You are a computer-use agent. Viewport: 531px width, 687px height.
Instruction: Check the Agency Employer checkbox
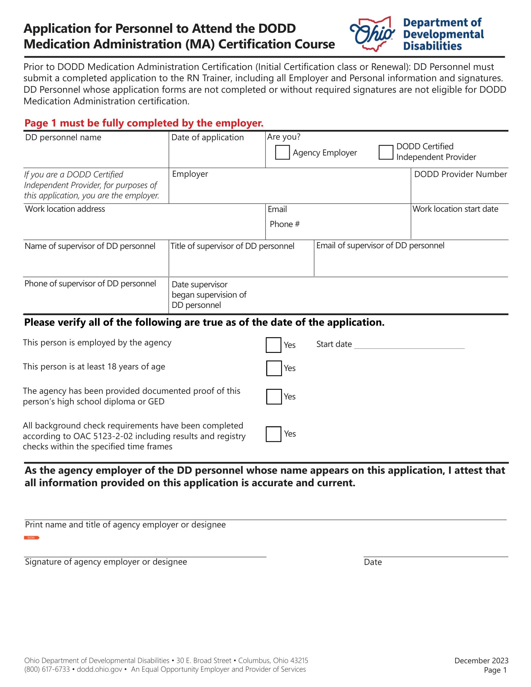282,152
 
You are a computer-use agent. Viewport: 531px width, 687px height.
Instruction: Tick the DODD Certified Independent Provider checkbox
386,152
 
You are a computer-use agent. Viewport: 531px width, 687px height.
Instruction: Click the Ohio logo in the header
372,34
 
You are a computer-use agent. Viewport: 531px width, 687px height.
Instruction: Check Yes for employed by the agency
273,345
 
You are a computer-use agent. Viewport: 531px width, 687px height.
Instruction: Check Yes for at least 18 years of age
274,368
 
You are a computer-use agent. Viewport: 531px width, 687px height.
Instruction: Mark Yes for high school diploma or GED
274,397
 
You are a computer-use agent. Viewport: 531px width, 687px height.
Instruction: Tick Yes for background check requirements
273,434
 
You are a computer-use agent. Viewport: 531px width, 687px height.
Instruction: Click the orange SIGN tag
32,538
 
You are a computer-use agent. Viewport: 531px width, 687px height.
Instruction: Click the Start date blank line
409,345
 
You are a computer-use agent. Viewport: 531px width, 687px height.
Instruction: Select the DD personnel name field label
63,137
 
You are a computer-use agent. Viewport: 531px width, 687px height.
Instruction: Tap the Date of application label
207,137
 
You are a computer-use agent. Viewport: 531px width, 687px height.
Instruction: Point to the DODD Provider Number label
460,174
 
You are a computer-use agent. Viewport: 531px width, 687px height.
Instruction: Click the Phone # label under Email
284,224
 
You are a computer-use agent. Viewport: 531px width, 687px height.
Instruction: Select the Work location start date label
455,209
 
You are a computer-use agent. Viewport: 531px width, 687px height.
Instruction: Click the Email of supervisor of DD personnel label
380,245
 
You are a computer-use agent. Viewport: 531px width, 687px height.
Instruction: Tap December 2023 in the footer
481,660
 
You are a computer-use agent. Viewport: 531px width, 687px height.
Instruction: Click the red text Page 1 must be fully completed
144,123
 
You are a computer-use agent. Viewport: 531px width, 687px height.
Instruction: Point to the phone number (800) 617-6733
47,670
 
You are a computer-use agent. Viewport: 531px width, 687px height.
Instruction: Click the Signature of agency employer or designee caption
106,562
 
